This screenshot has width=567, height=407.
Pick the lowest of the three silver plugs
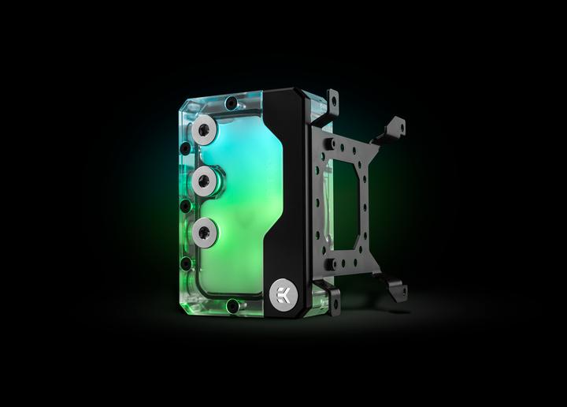pos(204,232)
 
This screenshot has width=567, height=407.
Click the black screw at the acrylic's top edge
pos(232,102)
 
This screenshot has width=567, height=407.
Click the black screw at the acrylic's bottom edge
pos(232,306)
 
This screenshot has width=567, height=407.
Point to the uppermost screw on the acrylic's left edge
pos(185,148)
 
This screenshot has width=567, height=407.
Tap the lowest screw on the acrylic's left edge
pos(186,263)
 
